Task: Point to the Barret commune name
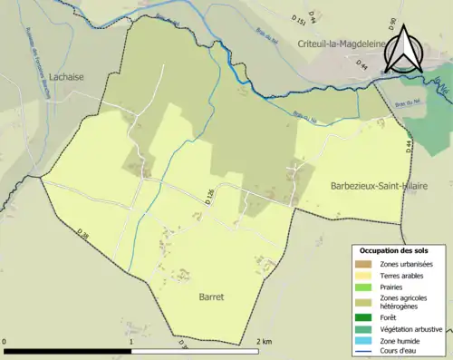[x=211, y=296]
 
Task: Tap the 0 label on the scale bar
[x=5, y=341]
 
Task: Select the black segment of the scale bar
[x=67, y=349]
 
